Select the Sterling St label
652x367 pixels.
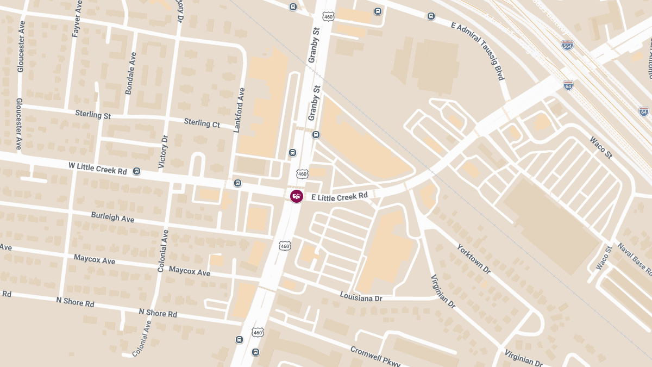pos(93,115)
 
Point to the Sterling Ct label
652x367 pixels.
pos(202,123)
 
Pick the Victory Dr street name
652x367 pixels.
pos(164,151)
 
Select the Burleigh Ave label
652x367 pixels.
pos(112,217)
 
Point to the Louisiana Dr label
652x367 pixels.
pos(361,296)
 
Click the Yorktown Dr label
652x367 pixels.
pos(474,258)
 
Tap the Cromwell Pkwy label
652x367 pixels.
pos(375,356)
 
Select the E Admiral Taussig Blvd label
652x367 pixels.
pos(479,51)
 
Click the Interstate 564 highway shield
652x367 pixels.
pos(567,45)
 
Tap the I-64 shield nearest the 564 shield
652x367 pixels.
pos(568,85)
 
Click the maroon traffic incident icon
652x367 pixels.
pos(296,196)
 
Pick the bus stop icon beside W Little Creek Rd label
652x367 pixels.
pos(136,171)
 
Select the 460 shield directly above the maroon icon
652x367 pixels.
pos(302,174)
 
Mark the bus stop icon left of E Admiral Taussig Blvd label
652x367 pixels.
pos(431,16)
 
